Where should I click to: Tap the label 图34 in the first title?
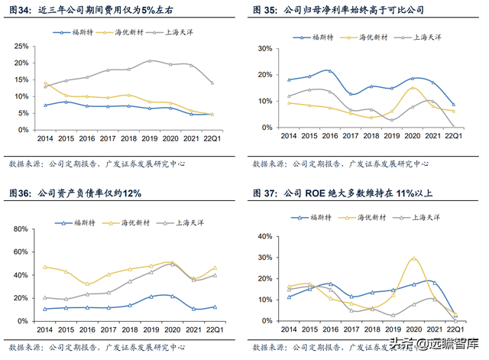click(x=20, y=10)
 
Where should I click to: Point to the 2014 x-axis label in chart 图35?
click(x=289, y=135)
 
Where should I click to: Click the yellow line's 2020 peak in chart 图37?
click(x=414, y=258)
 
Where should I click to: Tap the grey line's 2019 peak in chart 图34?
click(x=151, y=60)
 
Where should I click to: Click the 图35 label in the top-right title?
click(x=267, y=10)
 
